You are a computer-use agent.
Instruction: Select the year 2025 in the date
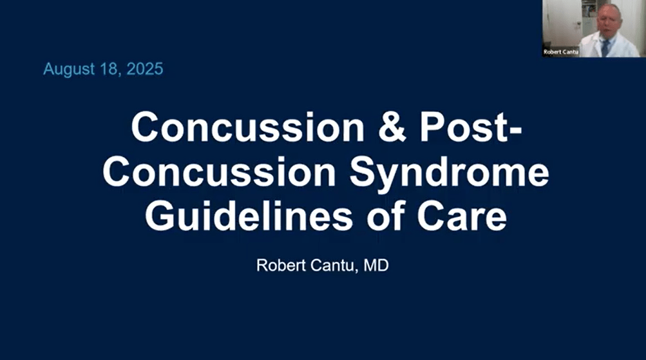pyautogui.click(x=144, y=70)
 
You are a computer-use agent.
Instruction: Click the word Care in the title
pyautogui.click(x=461, y=216)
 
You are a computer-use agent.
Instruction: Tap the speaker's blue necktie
pyautogui.click(x=605, y=46)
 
